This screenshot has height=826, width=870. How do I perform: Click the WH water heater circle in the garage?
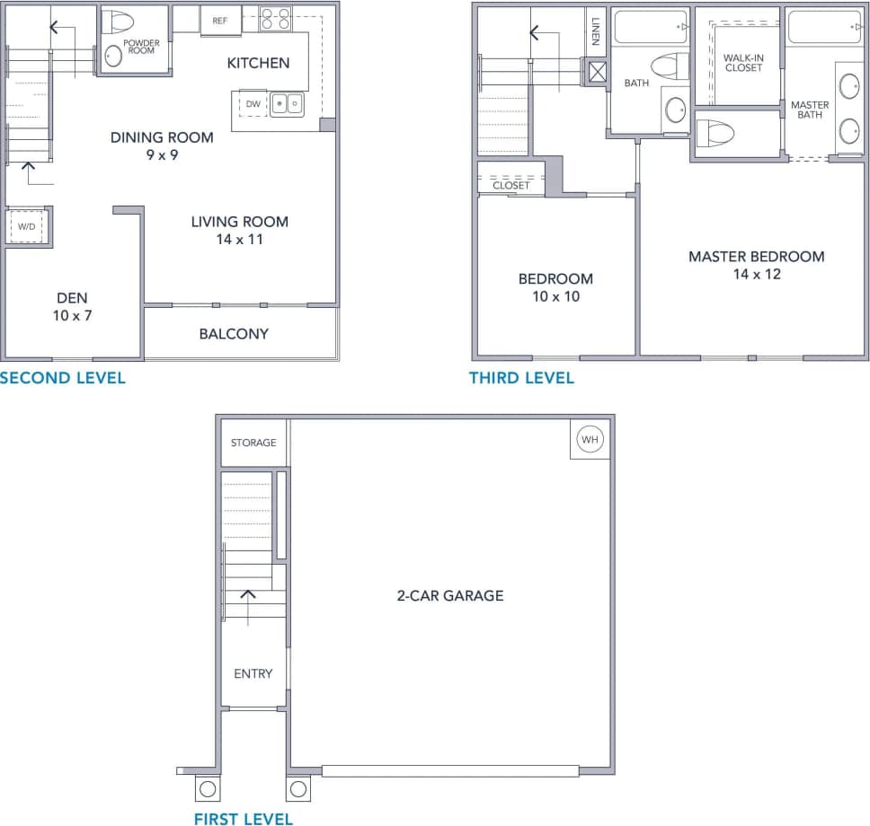coord(590,440)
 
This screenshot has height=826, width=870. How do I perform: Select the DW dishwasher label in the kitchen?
coord(253,104)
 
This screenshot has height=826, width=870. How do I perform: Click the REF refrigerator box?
coord(219,20)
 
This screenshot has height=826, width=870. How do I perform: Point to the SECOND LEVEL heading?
coord(63,378)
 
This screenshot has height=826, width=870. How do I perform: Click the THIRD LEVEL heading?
coord(521,378)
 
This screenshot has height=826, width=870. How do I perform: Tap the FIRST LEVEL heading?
coord(244,818)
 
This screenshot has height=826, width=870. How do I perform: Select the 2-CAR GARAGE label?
coord(450,595)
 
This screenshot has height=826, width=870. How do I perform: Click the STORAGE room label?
coord(253,443)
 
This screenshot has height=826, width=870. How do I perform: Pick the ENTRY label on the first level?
coord(253,673)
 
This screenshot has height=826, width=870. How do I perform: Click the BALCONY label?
coord(234,334)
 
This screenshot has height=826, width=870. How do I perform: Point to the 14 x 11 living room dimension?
coord(239,240)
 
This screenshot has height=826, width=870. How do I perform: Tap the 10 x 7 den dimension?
coord(72,316)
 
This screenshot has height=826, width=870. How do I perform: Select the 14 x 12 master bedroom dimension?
coord(756,274)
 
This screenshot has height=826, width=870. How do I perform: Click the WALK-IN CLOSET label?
coord(743,63)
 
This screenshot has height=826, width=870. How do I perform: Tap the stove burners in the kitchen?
coord(276,18)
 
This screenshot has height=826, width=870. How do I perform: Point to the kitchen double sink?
coord(289,104)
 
